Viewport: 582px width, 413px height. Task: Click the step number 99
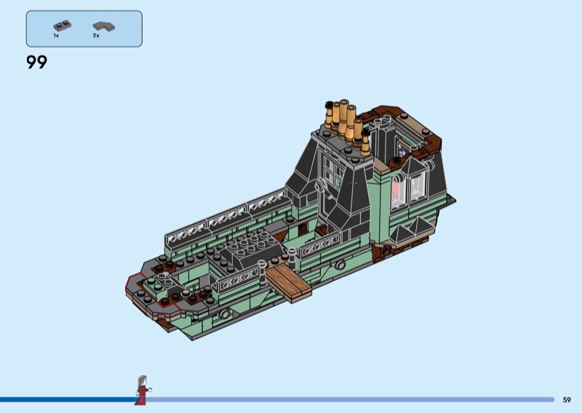(37, 62)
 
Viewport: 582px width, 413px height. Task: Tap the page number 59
(567, 400)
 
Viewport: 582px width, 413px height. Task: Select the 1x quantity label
(56, 36)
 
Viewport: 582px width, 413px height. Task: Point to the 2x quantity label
(96, 36)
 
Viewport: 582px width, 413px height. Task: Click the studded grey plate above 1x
(63, 25)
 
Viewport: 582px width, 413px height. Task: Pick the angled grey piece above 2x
(103, 26)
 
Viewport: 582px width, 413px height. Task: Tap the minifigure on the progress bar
(143, 390)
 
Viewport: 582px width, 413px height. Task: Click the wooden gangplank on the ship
(288, 281)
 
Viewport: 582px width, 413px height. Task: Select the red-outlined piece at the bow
(153, 294)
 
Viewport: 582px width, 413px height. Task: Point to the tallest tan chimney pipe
(343, 119)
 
